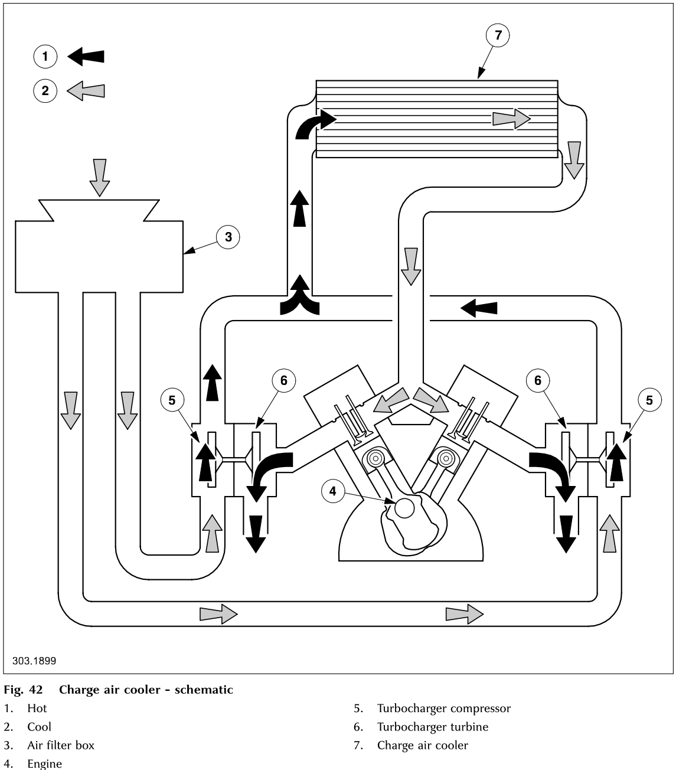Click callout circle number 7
click(x=498, y=35)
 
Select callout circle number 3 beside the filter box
click(x=228, y=237)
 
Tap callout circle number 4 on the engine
click(x=332, y=491)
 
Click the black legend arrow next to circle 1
click(x=86, y=57)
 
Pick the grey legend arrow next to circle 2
click(x=86, y=91)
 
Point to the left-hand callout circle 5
click(x=172, y=400)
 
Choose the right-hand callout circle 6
click(x=537, y=380)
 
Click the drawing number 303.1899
click(x=34, y=661)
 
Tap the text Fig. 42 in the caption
click(x=22, y=690)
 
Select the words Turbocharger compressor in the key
click(x=443, y=709)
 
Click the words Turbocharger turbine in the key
click(x=433, y=727)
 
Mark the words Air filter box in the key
click(x=61, y=745)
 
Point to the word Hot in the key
click(x=37, y=709)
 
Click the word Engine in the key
click(x=44, y=764)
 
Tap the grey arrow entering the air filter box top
click(x=100, y=177)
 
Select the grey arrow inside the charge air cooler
click(x=511, y=119)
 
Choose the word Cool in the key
click(x=39, y=727)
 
